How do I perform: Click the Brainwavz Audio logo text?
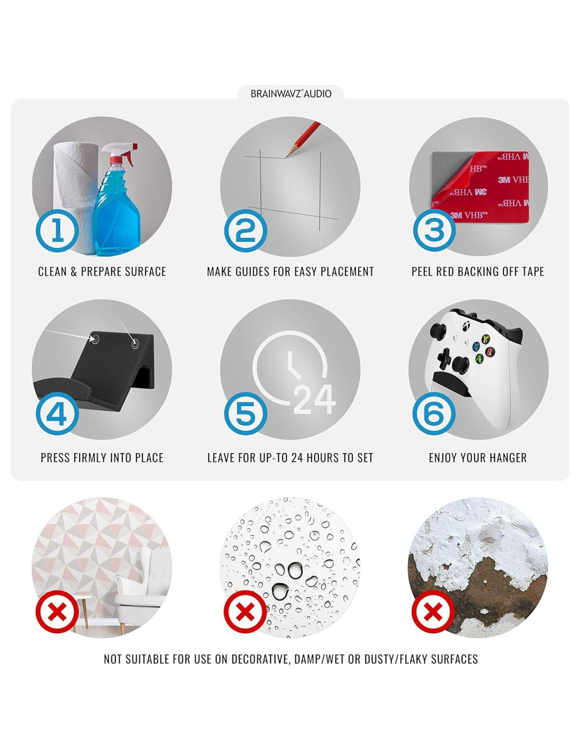(x=291, y=93)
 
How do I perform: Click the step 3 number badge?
(x=434, y=230)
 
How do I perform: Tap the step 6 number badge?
(x=434, y=414)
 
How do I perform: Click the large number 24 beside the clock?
(x=314, y=399)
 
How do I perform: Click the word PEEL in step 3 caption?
(x=422, y=272)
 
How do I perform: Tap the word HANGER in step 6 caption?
(x=508, y=458)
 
